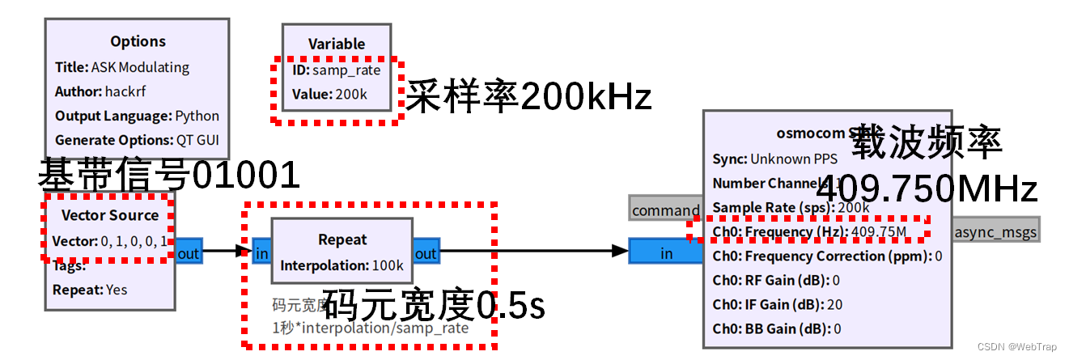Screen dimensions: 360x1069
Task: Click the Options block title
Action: (138, 41)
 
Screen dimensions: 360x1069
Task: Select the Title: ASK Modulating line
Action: (122, 67)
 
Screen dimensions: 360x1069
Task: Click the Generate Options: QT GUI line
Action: (138, 139)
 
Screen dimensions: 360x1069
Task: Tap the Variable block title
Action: (337, 44)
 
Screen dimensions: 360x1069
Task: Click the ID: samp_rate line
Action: (336, 70)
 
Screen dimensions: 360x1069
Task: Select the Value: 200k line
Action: (329, 95)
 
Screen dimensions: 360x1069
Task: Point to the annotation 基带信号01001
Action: (169, 173)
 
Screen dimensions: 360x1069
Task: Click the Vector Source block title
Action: (110, 215)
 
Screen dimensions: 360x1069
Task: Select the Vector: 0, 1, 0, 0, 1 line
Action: (110, 241)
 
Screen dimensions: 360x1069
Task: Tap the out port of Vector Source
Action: (188, 253)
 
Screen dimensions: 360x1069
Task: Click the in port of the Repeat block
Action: (261, 253)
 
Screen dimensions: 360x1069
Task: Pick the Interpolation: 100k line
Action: (341, 265)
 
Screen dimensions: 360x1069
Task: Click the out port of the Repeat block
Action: (426, 253)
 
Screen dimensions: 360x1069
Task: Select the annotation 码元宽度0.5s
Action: (434, 305)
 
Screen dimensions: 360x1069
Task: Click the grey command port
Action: (665, 210)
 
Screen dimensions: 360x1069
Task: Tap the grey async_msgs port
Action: (995, 231)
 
